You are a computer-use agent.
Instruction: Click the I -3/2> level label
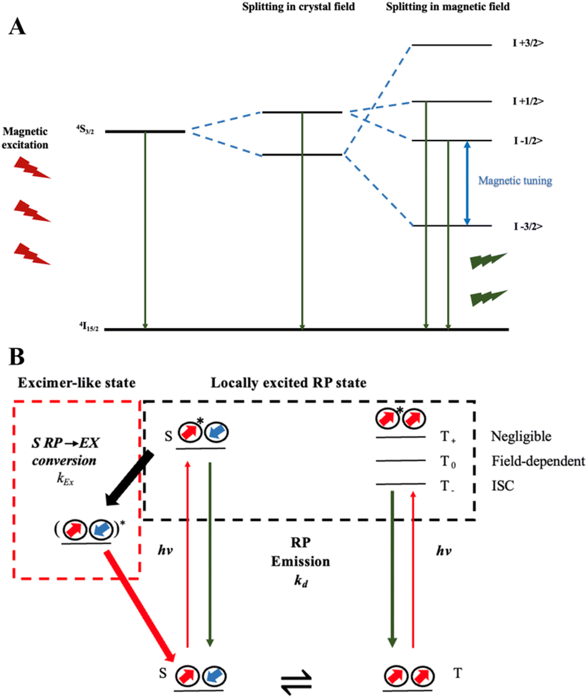coord(526,226)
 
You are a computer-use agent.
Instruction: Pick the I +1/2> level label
coord(526,101)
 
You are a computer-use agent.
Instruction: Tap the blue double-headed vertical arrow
coord(467,183)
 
